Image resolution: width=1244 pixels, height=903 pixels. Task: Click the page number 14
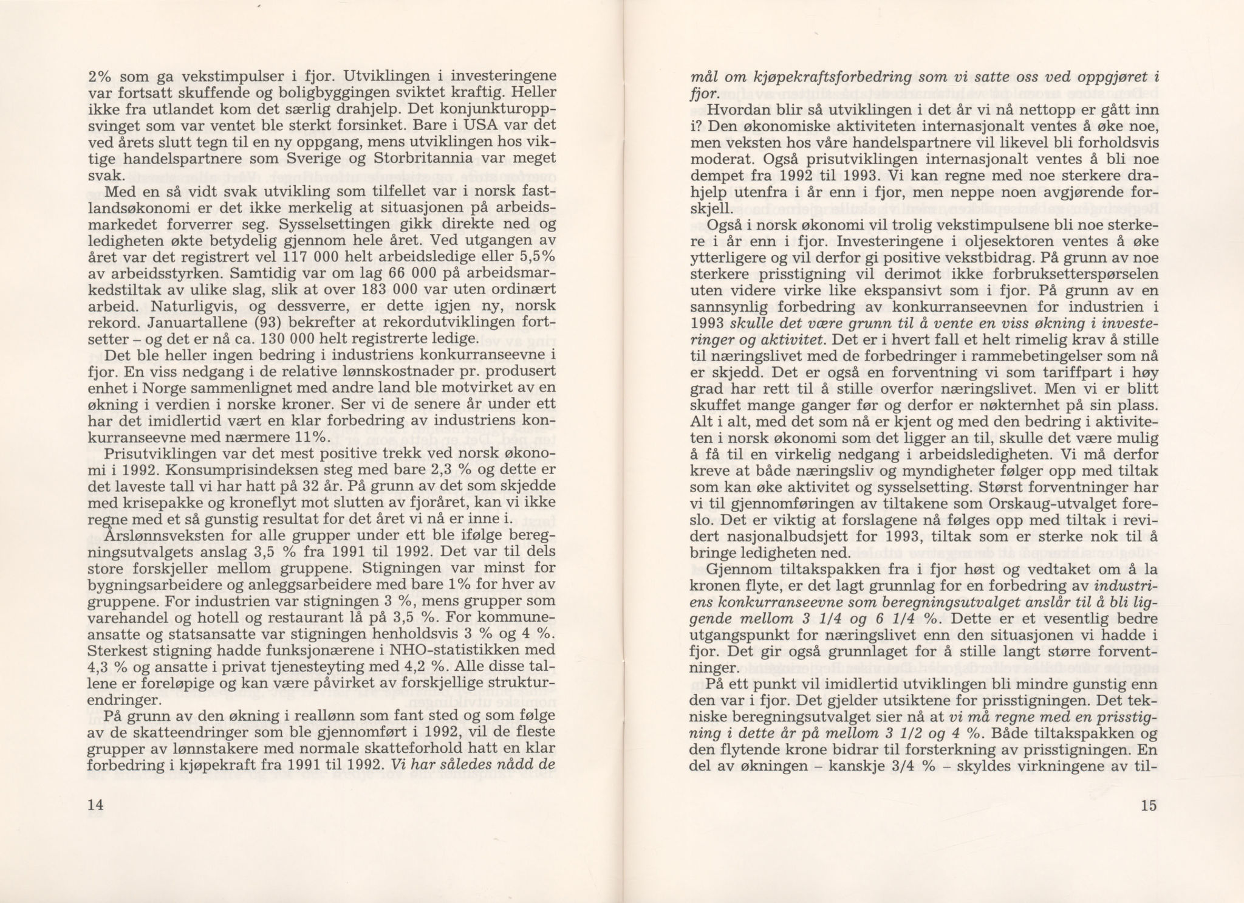(x=96, y=805)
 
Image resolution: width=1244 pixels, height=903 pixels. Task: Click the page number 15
(x=1148, y=805)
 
